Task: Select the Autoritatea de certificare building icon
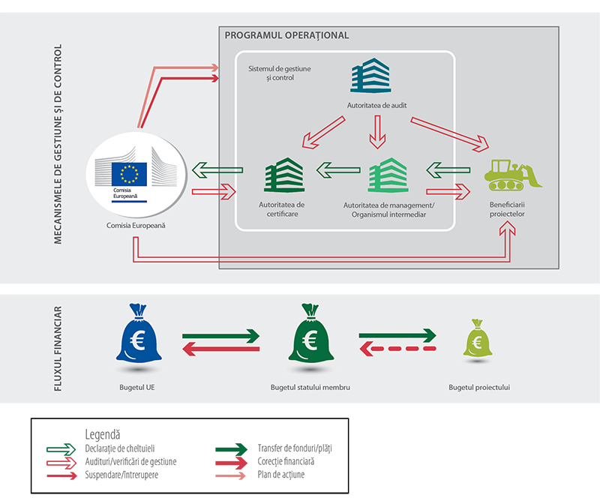pos(283,175)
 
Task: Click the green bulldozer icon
pos(513,175)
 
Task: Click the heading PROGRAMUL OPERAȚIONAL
pos(286,35)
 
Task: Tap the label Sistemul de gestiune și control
pos(279,73)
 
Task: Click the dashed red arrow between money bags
pos(397,349)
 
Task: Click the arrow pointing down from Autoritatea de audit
pos(377,133)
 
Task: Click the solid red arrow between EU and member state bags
pos(221,349)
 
